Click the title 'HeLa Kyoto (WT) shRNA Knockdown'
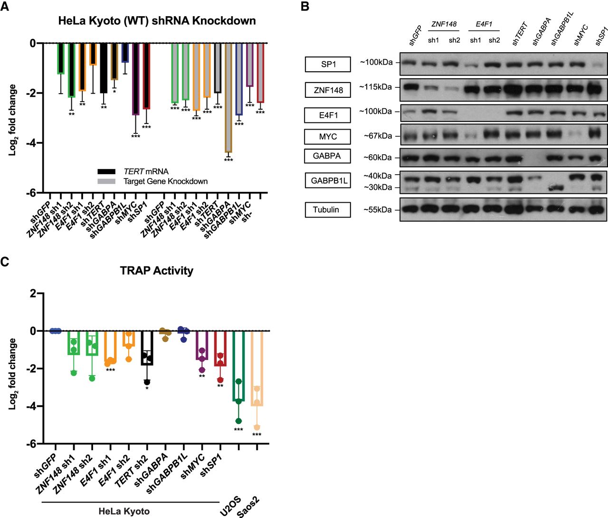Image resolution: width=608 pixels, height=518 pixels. pos(157,21)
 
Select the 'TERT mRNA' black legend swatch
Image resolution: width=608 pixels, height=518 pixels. pos(106,171)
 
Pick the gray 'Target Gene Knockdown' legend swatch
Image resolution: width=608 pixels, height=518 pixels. pos(106,181)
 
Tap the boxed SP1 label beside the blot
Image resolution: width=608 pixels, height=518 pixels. pos(328,64)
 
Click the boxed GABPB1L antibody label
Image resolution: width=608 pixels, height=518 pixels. pos(328,180)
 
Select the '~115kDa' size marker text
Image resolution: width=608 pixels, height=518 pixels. pos(375,87)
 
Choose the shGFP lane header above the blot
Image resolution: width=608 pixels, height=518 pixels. pos(415,36)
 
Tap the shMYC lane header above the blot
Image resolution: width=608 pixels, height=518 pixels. pos(580,35)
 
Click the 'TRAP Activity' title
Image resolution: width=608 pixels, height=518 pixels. pos(157,271)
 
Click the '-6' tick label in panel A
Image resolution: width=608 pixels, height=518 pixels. pos(31,193)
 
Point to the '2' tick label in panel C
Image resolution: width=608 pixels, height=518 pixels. pos(33,293)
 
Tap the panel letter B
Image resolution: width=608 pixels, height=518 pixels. pos(305,7)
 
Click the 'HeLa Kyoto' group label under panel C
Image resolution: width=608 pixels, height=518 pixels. pos(124,511)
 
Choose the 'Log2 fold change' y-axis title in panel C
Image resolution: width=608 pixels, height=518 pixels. pos(13,374)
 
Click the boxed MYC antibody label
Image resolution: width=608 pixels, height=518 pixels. pos(328,136)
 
